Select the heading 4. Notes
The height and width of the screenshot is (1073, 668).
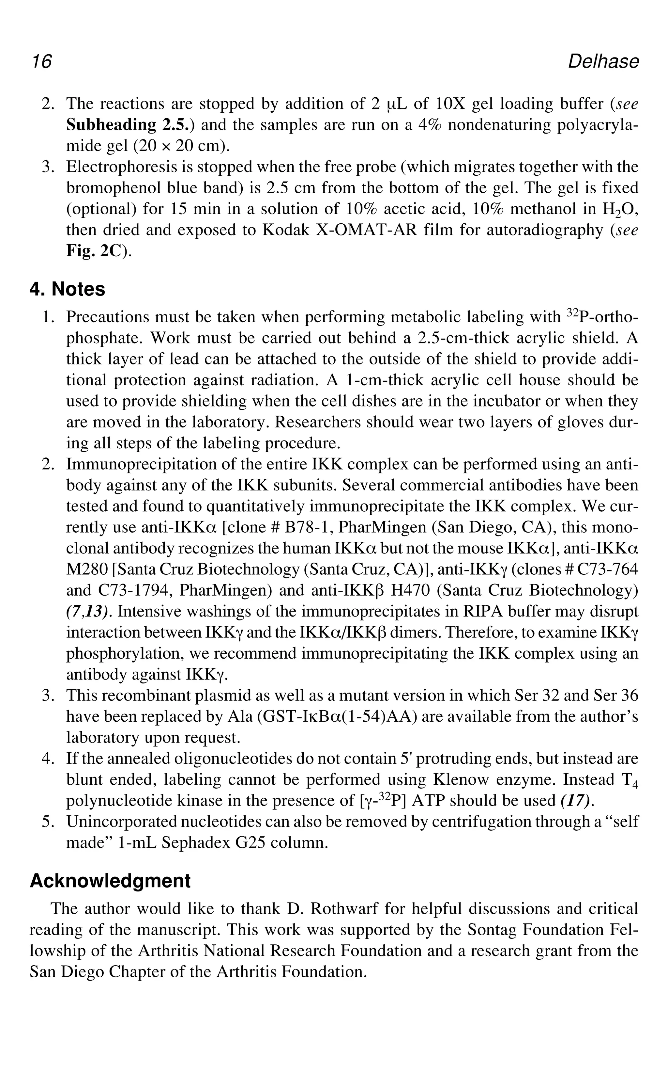tap(67, 289)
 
